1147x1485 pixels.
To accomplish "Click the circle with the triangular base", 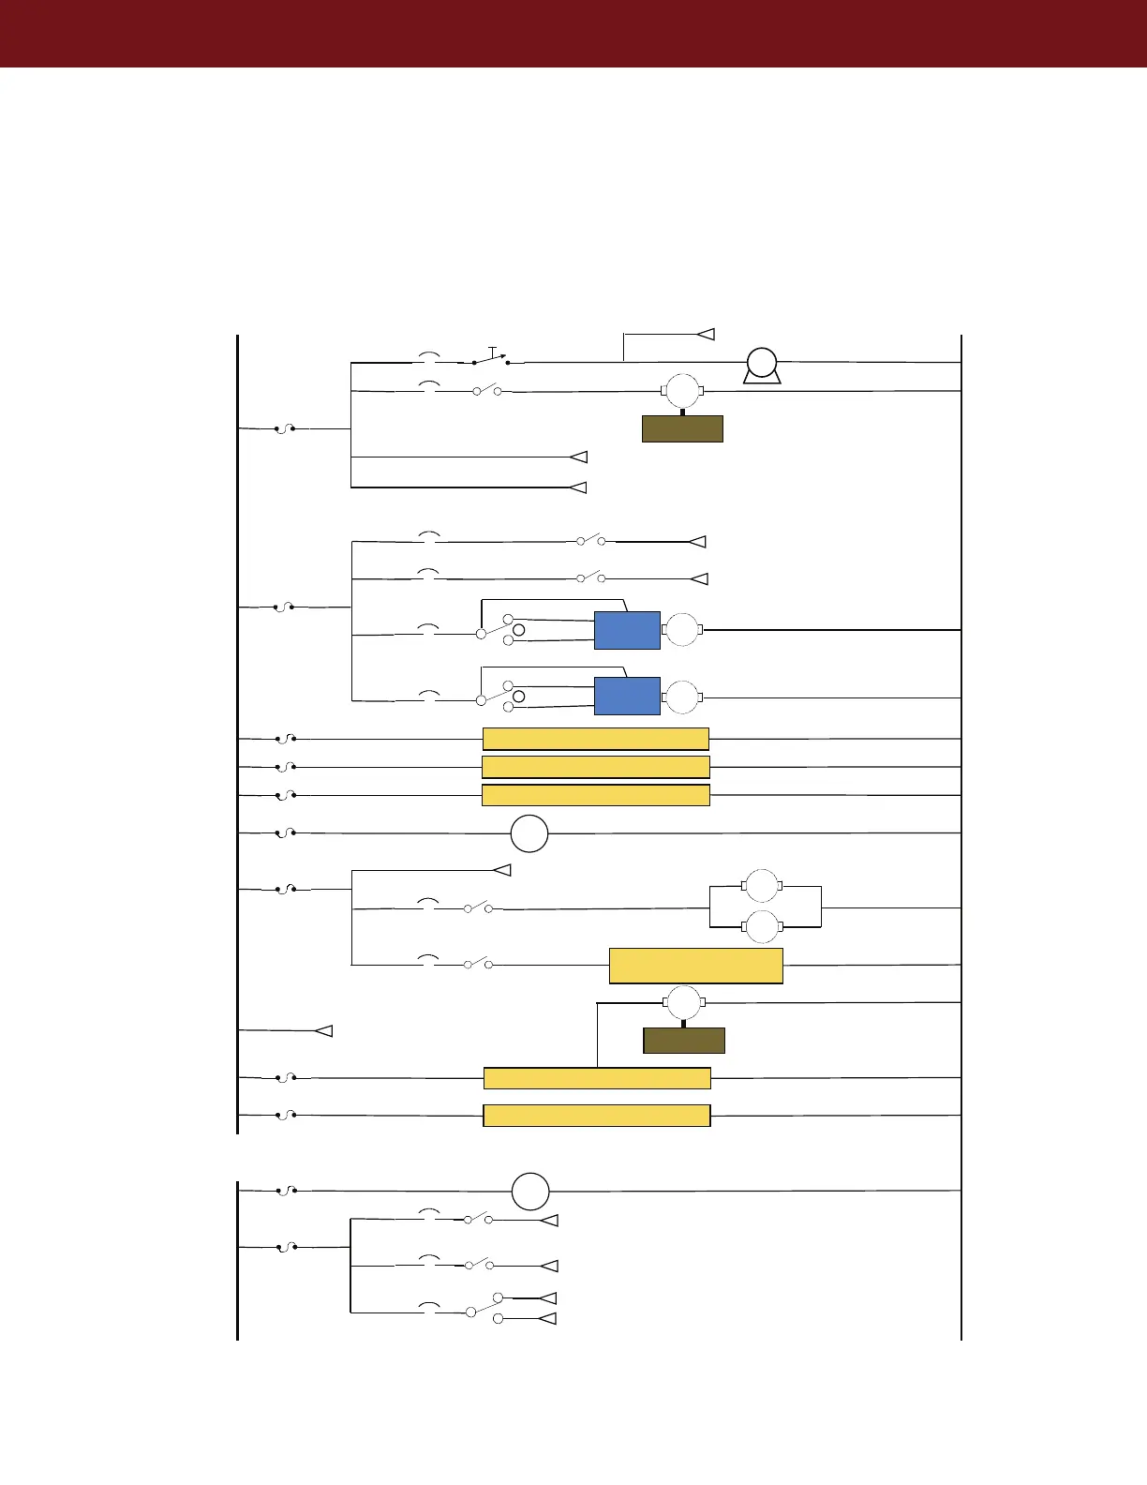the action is (762, 363).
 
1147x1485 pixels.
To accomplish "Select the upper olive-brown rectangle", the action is (682, 428).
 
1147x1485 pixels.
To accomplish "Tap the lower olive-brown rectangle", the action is (684, 1041).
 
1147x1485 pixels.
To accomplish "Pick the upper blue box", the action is (627, 630).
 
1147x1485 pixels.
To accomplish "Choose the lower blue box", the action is (627, 696).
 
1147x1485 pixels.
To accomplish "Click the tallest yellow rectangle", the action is (695, 966).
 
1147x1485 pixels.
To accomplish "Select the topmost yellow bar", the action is (595, 739).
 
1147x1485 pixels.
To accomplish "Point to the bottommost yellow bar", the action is (596, 1116).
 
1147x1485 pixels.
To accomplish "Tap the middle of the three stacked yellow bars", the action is (595, 767).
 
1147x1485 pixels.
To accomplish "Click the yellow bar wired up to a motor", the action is (597, 1078).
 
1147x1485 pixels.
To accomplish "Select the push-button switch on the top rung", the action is (491, 358).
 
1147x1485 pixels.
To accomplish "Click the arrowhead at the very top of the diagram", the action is (707, 334).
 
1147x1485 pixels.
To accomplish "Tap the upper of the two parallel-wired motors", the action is (762, 886).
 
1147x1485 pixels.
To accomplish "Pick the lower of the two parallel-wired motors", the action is (762, 926).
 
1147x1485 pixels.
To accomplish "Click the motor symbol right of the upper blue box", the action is (682, 630).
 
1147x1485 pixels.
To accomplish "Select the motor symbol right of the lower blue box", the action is (682, 697).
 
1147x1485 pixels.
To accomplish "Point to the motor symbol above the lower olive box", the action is (684, 1003).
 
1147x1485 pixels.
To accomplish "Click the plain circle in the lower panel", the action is (530, 1191).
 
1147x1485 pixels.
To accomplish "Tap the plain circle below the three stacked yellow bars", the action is (529, 833).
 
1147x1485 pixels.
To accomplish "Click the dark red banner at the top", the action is (573, 34).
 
